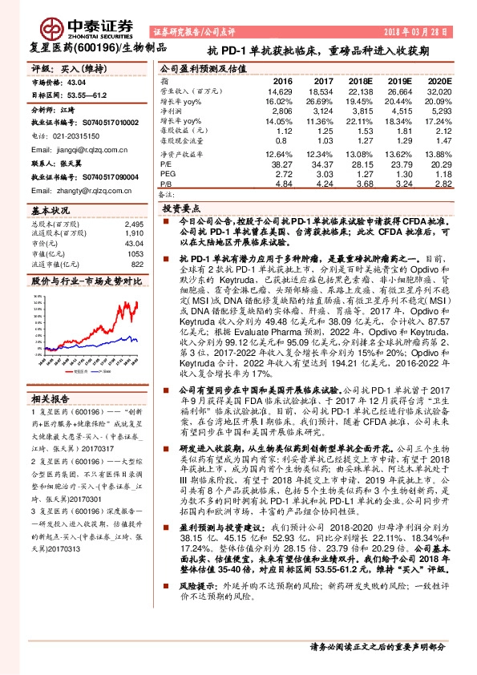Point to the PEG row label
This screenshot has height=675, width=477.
[167, 173]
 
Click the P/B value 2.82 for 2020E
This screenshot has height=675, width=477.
[441, 183]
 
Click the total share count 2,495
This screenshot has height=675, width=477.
[134, 224]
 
